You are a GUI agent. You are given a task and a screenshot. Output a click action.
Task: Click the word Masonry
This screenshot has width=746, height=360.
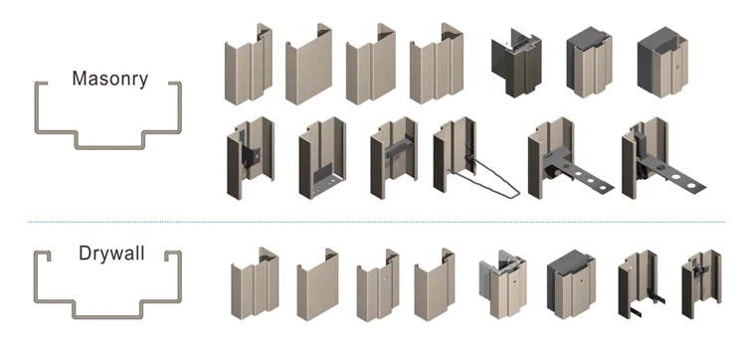[x=109, y=79]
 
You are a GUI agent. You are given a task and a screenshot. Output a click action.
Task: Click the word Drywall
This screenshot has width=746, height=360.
[x=111, y=253]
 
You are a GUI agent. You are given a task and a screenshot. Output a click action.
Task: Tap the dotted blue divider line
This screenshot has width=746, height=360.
[x=377, y=222]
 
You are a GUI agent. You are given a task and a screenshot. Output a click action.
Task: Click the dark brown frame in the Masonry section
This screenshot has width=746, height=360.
[x=516, y=62]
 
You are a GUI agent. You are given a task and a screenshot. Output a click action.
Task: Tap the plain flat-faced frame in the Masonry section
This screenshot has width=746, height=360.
[x=308, y=64]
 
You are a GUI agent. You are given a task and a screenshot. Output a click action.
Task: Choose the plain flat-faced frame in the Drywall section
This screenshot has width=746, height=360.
[x=318, y=284]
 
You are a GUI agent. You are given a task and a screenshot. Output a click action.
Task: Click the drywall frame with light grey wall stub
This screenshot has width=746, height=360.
[x=503, y=283]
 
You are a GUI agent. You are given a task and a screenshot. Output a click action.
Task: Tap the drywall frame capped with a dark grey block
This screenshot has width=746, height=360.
[x=571, y=283]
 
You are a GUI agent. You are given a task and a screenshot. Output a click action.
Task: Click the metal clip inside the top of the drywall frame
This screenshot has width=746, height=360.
[x=698, y=270]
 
